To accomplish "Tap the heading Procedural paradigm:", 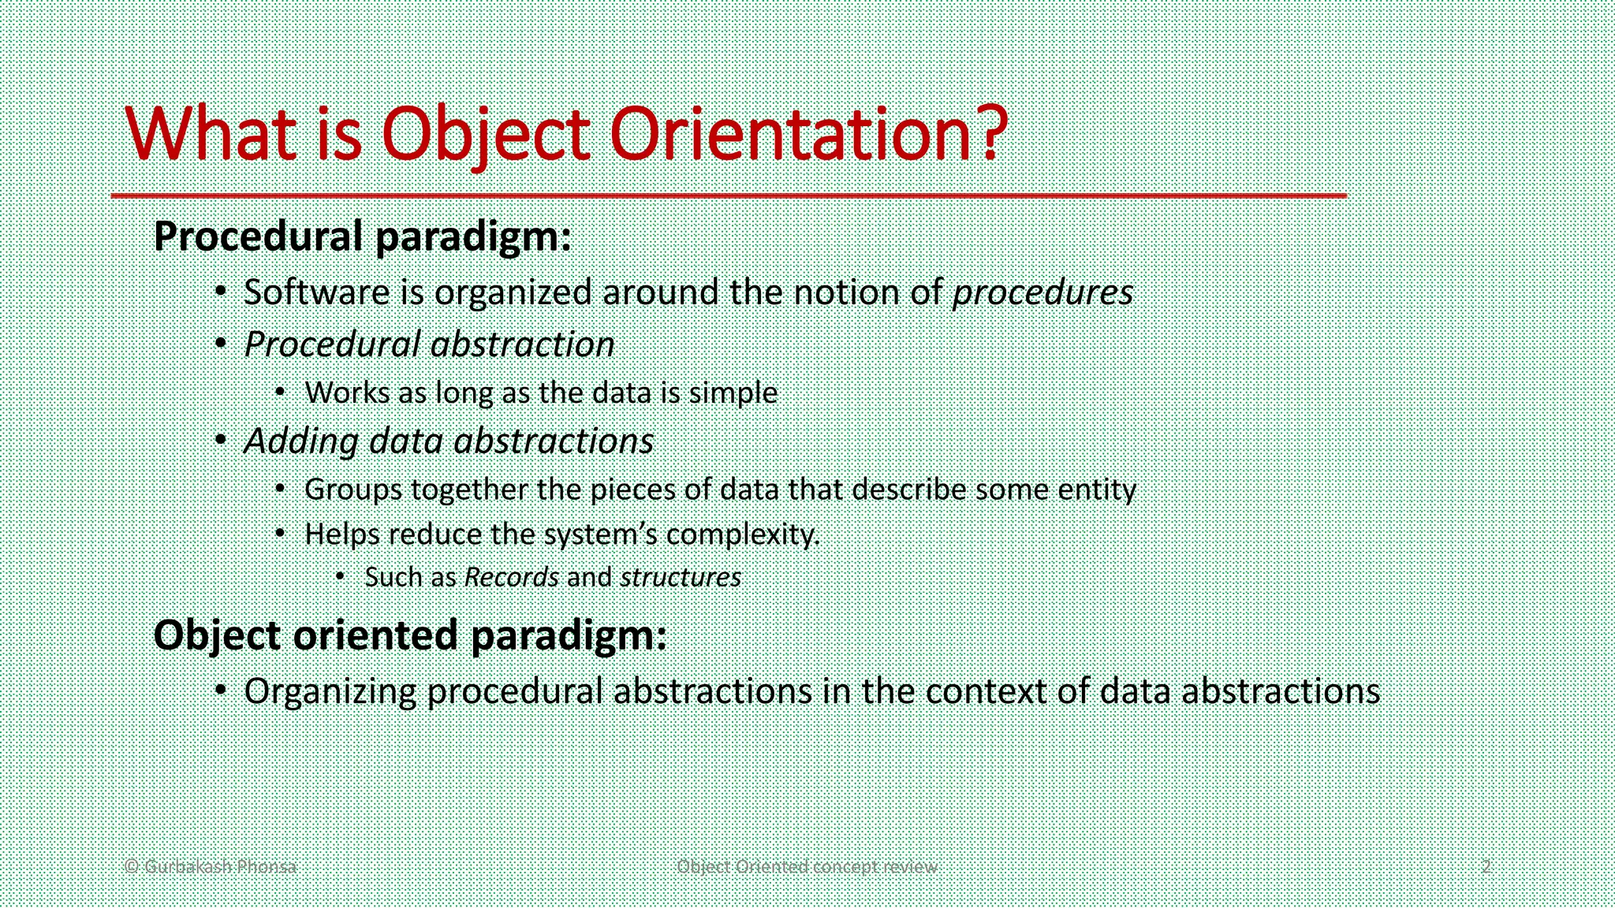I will coord(362,236).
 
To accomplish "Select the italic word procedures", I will coord(1042,292).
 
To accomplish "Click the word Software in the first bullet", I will coord(316,292).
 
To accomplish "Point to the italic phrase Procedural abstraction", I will coord(429,344).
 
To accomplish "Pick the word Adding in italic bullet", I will coord(301,441).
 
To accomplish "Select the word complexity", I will coord(742,534).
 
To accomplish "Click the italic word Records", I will coord(511,577).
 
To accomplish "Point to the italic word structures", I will coord(680,577).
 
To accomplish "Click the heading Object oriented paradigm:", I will coord(410,635).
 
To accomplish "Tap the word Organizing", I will coord(330,692).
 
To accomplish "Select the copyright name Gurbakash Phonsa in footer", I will coord(220,866).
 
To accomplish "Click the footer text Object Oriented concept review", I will coord(807,866).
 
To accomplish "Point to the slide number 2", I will coord(1486,866).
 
